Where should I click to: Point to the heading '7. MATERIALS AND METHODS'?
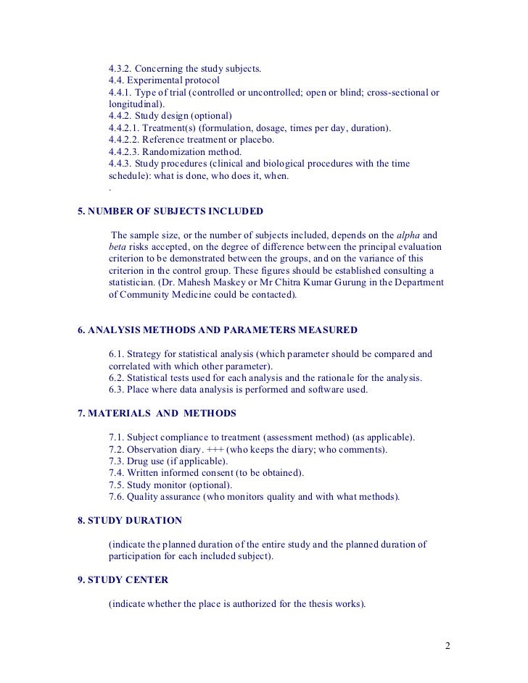(x=157, y=413)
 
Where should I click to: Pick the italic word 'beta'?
(x=118, y=248)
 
